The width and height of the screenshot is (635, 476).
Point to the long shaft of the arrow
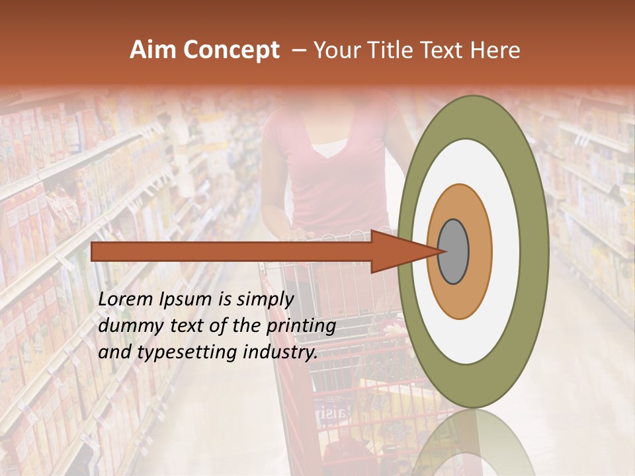click(x=232, y=251)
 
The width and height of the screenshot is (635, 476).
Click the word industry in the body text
click(x=278, y=352)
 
